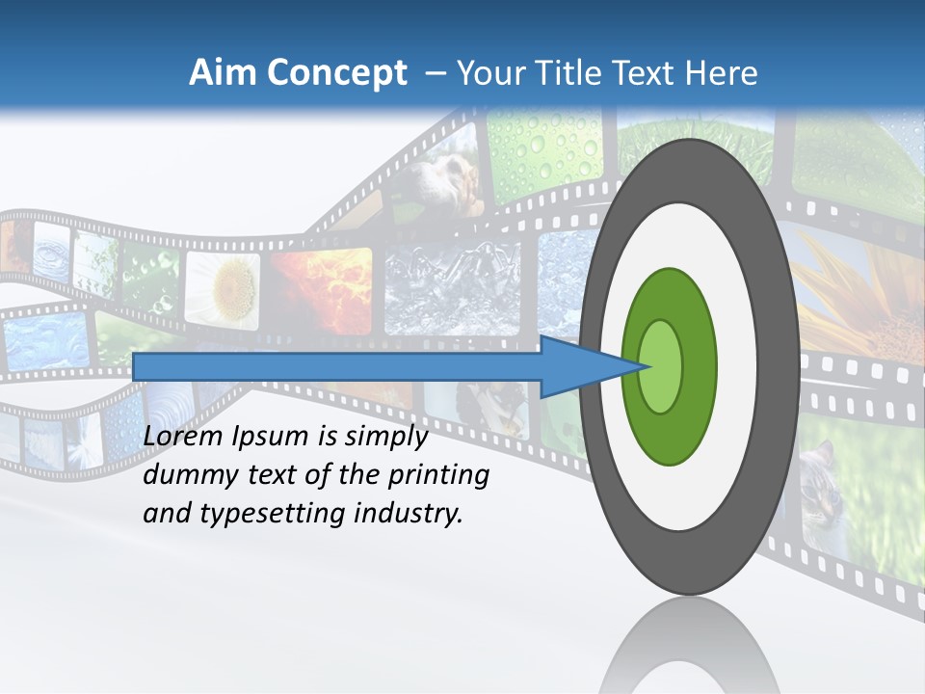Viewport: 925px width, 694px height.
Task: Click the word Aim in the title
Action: [223, 73]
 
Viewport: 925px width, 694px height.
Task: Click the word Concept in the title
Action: [336, 73]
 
